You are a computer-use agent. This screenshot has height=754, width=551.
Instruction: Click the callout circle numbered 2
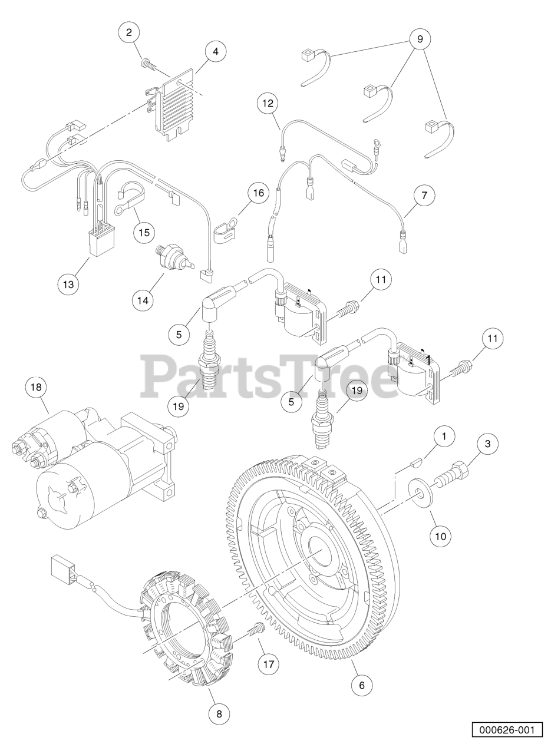coord(129,32)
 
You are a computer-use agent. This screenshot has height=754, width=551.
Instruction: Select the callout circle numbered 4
coord(216,51)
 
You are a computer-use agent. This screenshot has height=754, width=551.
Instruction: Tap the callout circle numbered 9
coord(420,39)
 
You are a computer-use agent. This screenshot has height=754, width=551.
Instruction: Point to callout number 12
coord(268,103)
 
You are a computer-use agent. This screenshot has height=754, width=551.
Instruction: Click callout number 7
coord(424,195)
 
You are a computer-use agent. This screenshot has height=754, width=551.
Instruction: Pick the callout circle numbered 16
coord(259,193)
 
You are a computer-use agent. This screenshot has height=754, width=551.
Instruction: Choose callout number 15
coord(144,232)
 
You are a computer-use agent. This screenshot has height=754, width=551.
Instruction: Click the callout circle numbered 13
coord(68,284)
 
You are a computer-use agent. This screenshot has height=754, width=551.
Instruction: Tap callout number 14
coord(143,300)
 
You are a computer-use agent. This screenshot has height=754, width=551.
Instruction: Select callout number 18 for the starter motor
coord(36,387)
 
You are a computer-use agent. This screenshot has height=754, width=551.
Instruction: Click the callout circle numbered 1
coord(444,436)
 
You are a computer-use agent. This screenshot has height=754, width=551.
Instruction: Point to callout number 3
coord(488,444)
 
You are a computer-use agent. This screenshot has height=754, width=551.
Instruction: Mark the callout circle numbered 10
coord(441,536)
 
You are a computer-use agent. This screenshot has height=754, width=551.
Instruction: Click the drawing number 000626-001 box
coord(507,737)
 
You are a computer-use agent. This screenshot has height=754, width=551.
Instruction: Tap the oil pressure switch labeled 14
coord(174,263)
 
